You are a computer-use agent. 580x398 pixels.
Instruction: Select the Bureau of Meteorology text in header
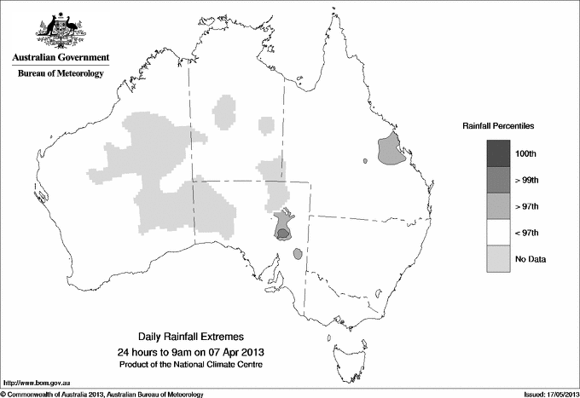60,74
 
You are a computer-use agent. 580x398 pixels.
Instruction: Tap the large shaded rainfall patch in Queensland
391,150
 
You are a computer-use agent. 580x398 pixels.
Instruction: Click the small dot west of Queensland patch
364,160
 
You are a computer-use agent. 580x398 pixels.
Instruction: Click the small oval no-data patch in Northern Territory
267,124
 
